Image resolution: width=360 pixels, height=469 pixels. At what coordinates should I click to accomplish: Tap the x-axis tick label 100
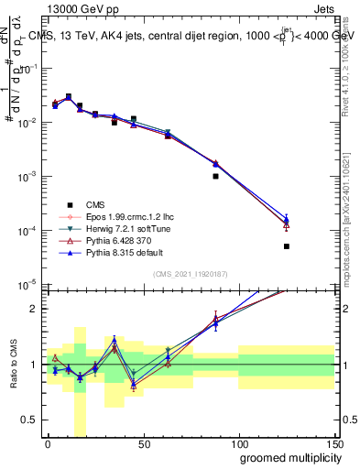238,443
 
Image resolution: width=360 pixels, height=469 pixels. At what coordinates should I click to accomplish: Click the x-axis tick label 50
143,443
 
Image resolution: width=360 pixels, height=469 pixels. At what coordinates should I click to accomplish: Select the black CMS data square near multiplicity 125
287,246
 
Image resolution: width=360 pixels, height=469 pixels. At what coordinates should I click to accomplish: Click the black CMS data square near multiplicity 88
215,176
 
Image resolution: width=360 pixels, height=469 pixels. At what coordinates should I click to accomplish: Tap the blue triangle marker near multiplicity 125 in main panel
287,219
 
